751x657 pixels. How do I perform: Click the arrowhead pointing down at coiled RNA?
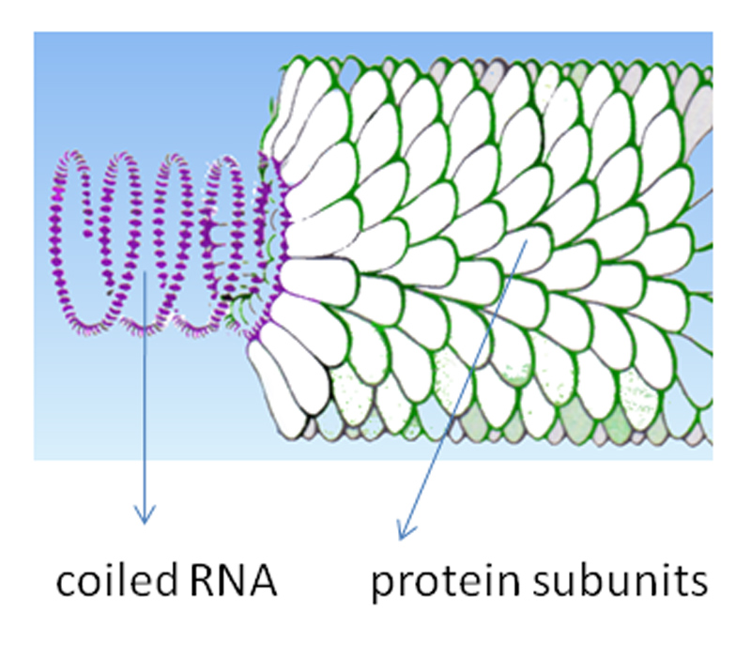(x=144, y=516)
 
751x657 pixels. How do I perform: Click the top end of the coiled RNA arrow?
(x=146, y=272)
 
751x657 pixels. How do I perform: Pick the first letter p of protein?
(x=381, y=588)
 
